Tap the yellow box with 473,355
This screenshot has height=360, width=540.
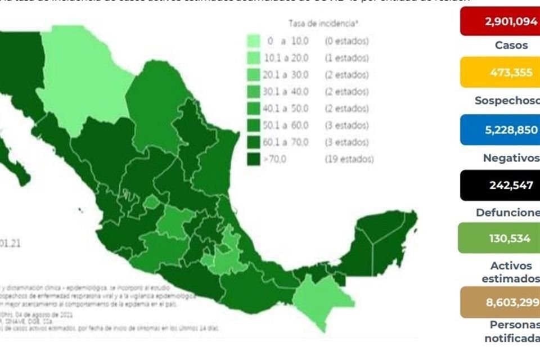(499, 72)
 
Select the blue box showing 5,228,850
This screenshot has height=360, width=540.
(499, 130)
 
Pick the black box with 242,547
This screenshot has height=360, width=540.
(499, 185)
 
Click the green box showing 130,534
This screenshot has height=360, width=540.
(499, 238)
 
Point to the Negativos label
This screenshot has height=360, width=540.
(511, 158)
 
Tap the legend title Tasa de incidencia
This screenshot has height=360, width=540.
(323, 23)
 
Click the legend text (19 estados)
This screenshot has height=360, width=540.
(349, 159)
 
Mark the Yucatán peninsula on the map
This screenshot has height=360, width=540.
(382, 236)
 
